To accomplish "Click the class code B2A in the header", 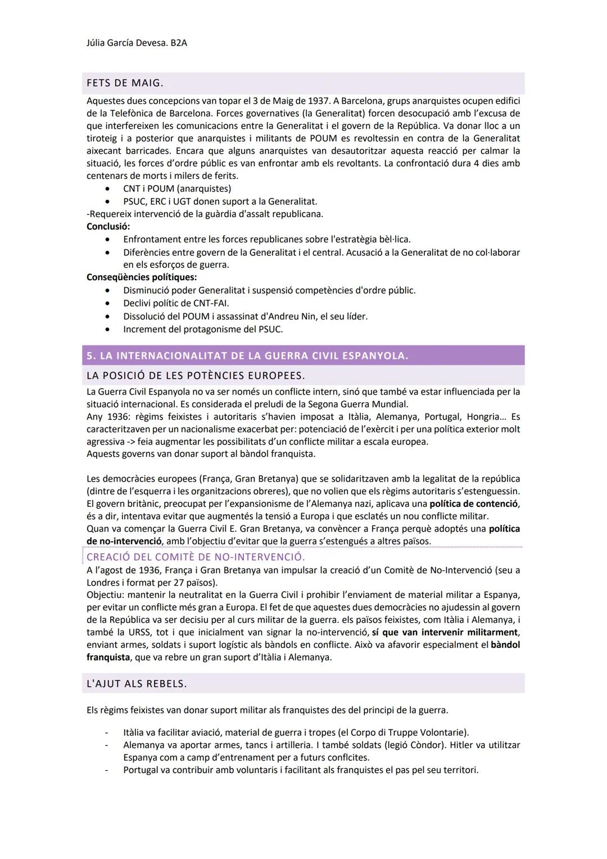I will click(x=177, y=43).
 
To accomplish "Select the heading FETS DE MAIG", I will click(x=125, y=83).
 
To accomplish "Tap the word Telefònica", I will click(x=125, y=114).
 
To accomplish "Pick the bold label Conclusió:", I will click(x=108, y=227).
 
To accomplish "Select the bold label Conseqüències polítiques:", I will click(x=141, y=277).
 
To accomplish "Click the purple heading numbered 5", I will click(x=247, y=356).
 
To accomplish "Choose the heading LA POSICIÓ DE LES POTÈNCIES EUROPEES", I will click(x=196, y=375).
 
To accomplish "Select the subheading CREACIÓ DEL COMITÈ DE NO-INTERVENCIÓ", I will click(x=196, y=557).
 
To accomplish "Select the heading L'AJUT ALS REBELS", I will click(x=137, y=683).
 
